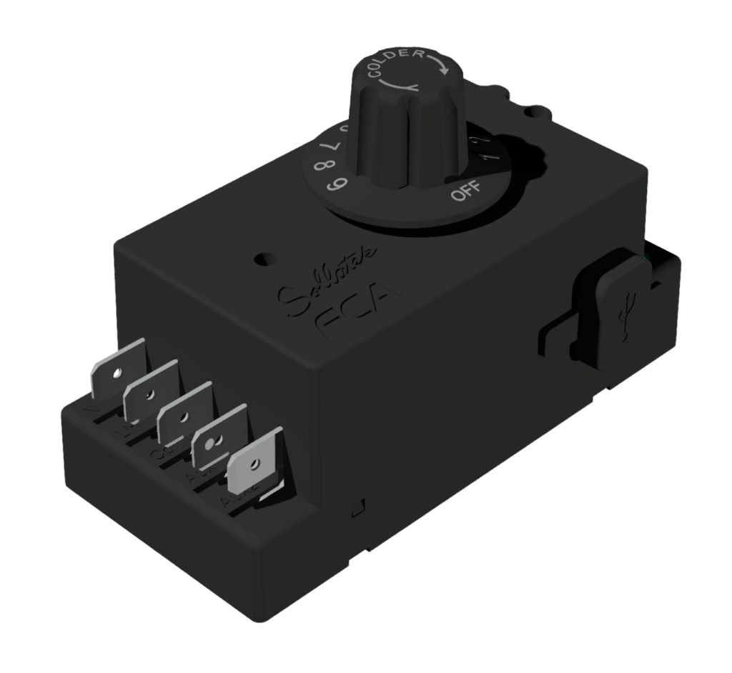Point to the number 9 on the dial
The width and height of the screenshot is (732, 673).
(x=333, y=184)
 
